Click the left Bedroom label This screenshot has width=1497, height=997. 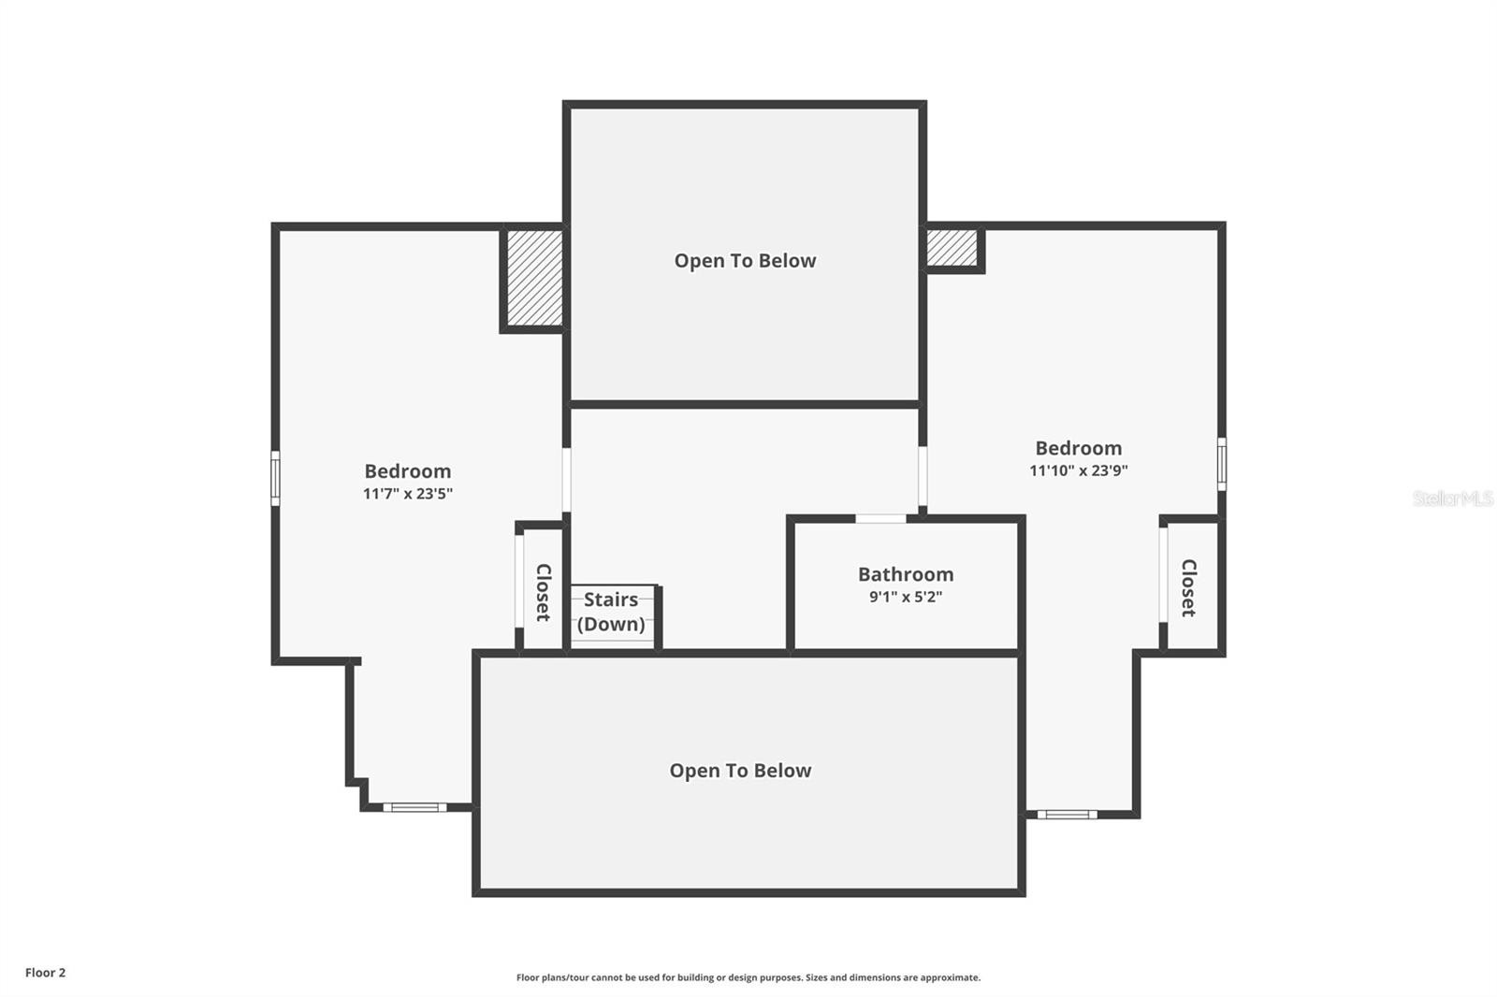pos(408,471)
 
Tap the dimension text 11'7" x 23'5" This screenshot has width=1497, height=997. pos(408,494)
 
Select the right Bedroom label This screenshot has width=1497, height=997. pos(1079,448)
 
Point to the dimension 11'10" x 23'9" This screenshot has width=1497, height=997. pos(1079,470)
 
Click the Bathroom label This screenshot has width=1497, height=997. pos(906,574)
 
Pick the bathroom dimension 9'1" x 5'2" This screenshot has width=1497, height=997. pos(906,597)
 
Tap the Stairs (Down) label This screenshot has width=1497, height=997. pos(611,612)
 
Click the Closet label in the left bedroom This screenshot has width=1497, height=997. pos(544,592)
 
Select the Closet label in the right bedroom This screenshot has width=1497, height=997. pos(1188,588)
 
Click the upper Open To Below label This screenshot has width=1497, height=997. pos(745,261)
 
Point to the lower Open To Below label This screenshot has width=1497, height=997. pos(740,771)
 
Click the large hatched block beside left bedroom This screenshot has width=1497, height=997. pos(534,278)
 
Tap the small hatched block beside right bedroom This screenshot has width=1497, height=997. pos(952,247)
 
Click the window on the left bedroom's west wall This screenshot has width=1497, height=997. pos(275,479)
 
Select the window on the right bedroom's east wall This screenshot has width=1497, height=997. pos(1222,464)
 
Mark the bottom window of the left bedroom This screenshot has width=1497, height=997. pos(415,807)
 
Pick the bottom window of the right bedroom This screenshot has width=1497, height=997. pos(1068,814)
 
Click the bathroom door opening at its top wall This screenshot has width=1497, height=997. pos(880,518)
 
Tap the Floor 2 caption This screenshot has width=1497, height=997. pos(46,973)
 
